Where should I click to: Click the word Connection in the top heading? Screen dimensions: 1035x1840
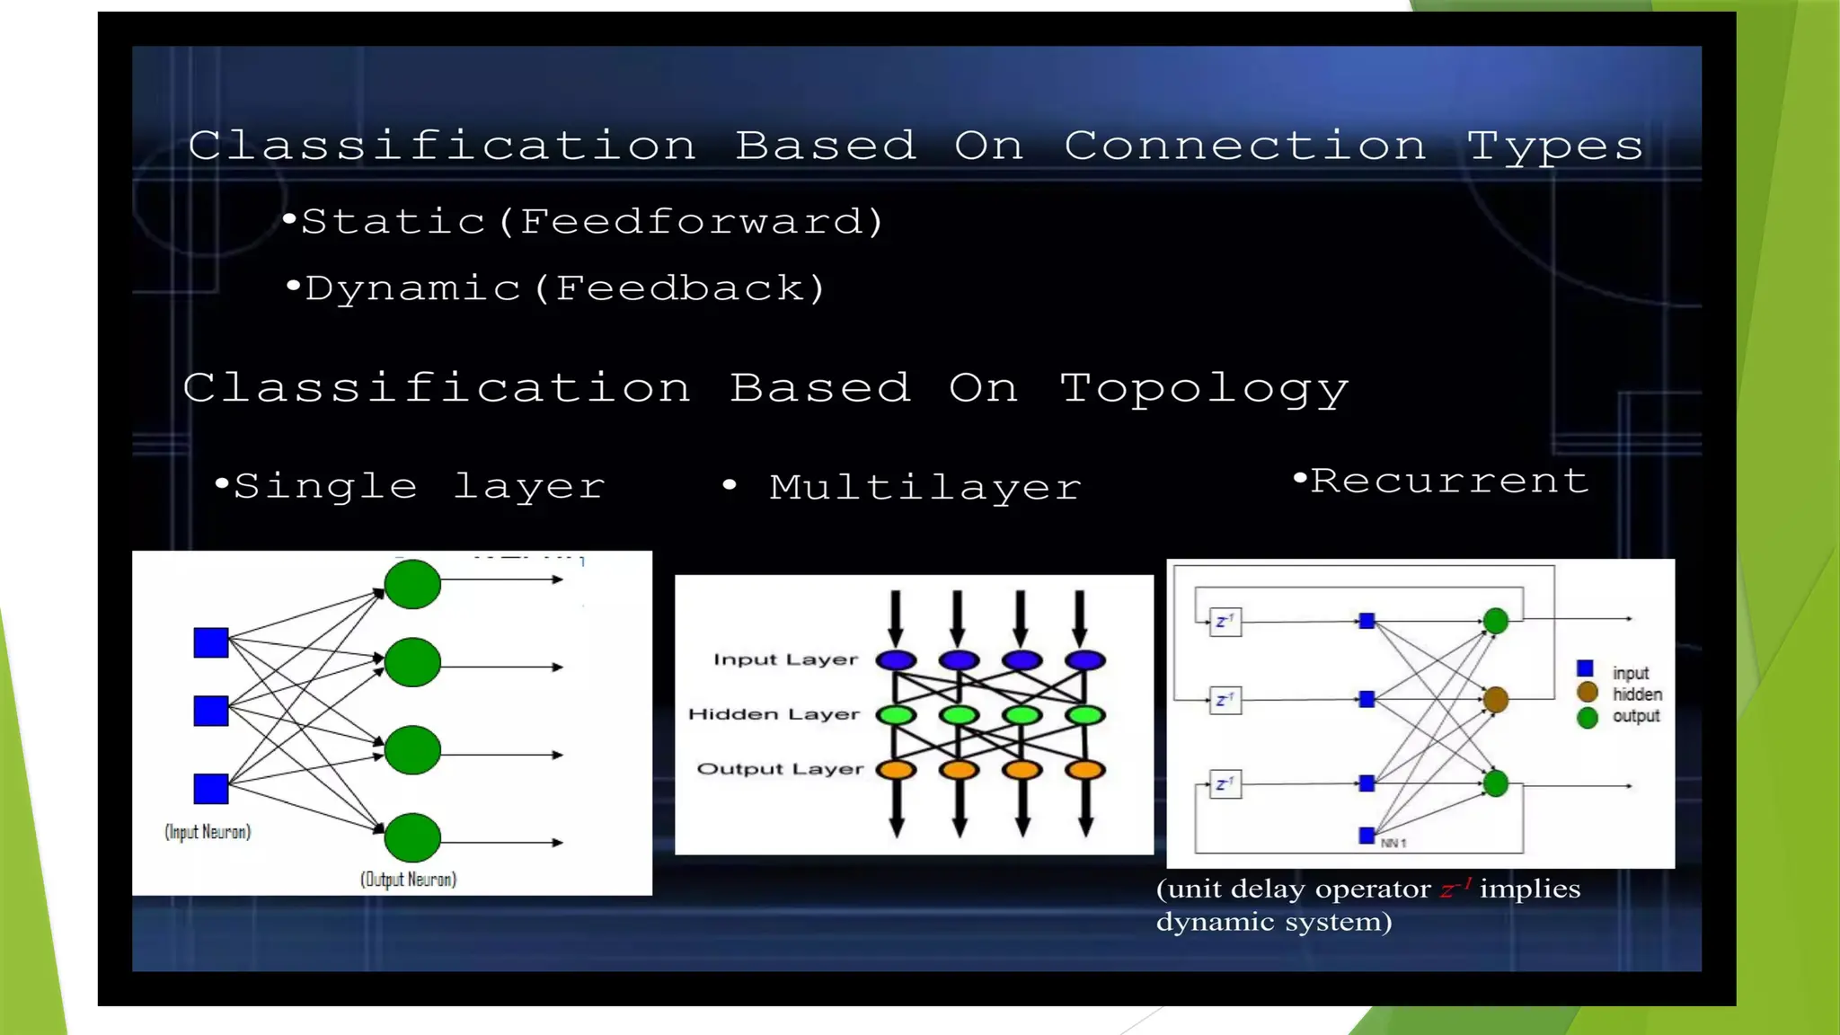[1244, 146]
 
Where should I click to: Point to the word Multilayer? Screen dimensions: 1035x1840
[924, 488]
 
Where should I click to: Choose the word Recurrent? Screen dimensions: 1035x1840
[1449, 482]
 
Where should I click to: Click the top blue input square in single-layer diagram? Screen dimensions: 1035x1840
[211, 642]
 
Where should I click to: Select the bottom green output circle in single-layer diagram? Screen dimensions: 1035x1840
[412, 837]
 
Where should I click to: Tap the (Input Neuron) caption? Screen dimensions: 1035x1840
[208, 832]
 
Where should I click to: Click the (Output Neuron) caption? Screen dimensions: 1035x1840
[408, 880]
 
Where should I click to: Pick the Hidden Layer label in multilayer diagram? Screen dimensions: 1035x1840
[774, 714]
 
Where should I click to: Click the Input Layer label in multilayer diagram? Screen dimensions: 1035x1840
[785, 659]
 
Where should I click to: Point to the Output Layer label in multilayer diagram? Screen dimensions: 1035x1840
[780, 769]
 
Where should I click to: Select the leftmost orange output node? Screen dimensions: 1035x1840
[896, 770]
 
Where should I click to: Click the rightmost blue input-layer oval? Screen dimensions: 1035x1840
[1085, 660]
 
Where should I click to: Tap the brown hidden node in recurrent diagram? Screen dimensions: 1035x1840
[1496, 699]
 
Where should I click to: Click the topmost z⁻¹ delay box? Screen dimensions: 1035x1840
[1225, 622]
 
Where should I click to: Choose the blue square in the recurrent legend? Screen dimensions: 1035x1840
[1586, 668]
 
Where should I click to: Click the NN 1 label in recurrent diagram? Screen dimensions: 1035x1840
[1393, 843]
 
